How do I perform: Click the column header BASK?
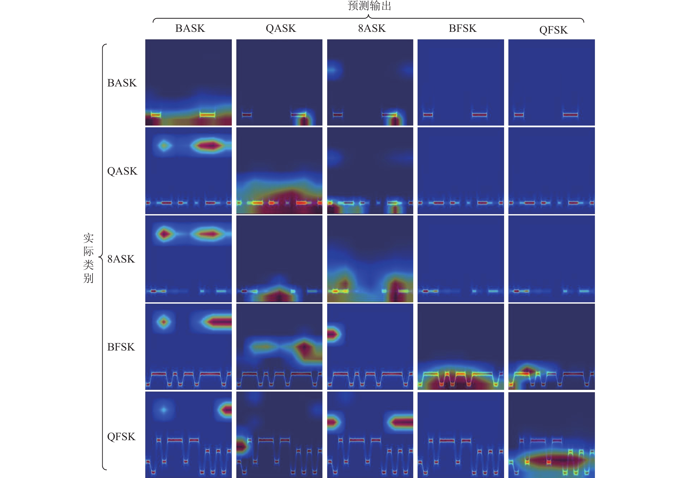190,28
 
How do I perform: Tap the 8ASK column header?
372,28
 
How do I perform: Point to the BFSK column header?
462,28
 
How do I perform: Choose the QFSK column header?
553,30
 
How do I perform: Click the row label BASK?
122,83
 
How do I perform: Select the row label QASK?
122,171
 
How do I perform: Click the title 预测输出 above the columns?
369,6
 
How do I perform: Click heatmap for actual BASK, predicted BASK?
188,82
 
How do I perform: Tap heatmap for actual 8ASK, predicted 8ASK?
370,259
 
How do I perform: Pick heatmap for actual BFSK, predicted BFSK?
461,347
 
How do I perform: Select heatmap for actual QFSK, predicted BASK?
188,435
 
